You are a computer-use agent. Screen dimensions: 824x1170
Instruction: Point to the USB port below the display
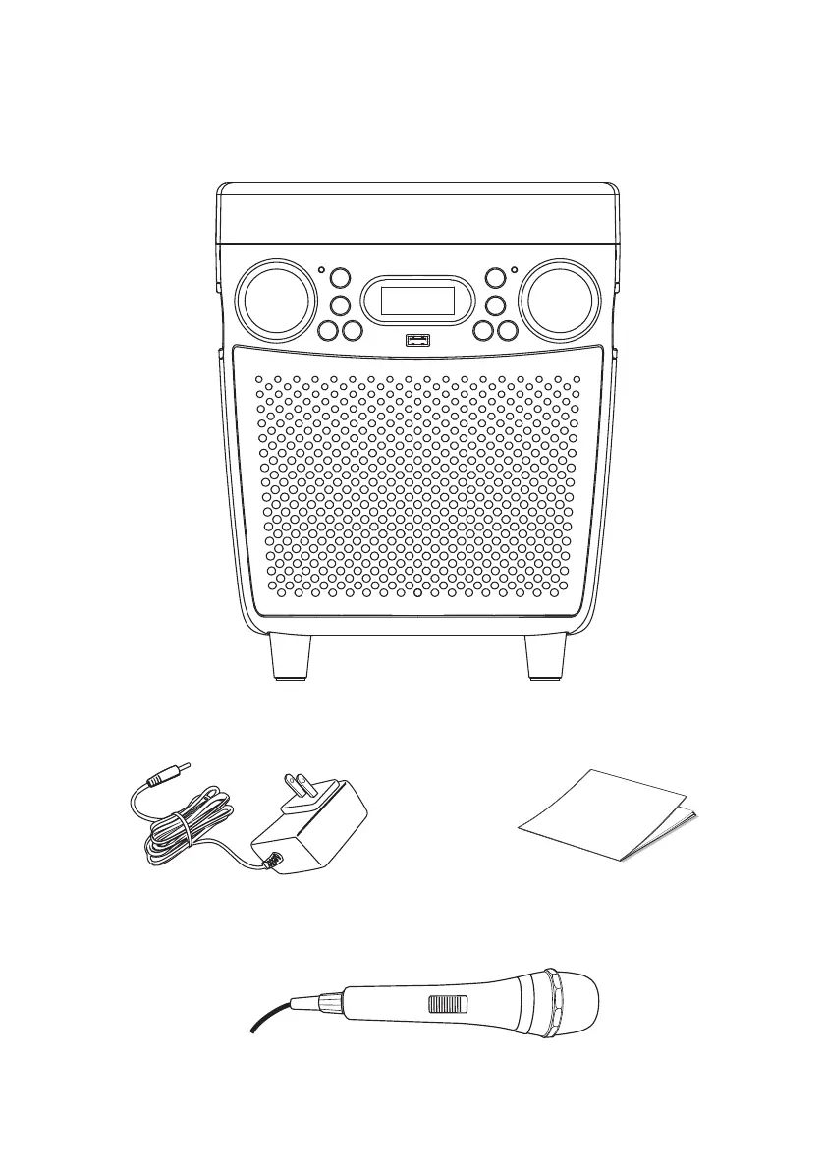417,341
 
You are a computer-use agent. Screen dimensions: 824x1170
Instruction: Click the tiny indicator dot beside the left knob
320,270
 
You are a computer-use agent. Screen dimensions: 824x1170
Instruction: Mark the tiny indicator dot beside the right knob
515,270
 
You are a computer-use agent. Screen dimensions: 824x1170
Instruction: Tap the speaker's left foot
288,657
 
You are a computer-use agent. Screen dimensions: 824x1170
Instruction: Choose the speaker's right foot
546,657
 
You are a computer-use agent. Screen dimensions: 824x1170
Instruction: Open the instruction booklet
606,815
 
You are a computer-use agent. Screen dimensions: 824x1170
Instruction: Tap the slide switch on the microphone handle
447,1005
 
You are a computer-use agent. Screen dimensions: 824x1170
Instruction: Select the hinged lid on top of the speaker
416,211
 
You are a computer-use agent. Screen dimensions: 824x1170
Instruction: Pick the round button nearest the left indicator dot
339,280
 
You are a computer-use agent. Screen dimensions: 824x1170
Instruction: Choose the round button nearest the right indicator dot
496,280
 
